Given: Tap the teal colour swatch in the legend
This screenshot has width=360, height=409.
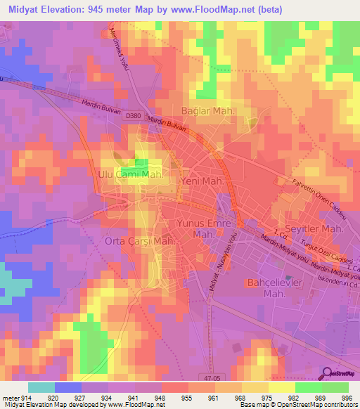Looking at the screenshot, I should (41, 387).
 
